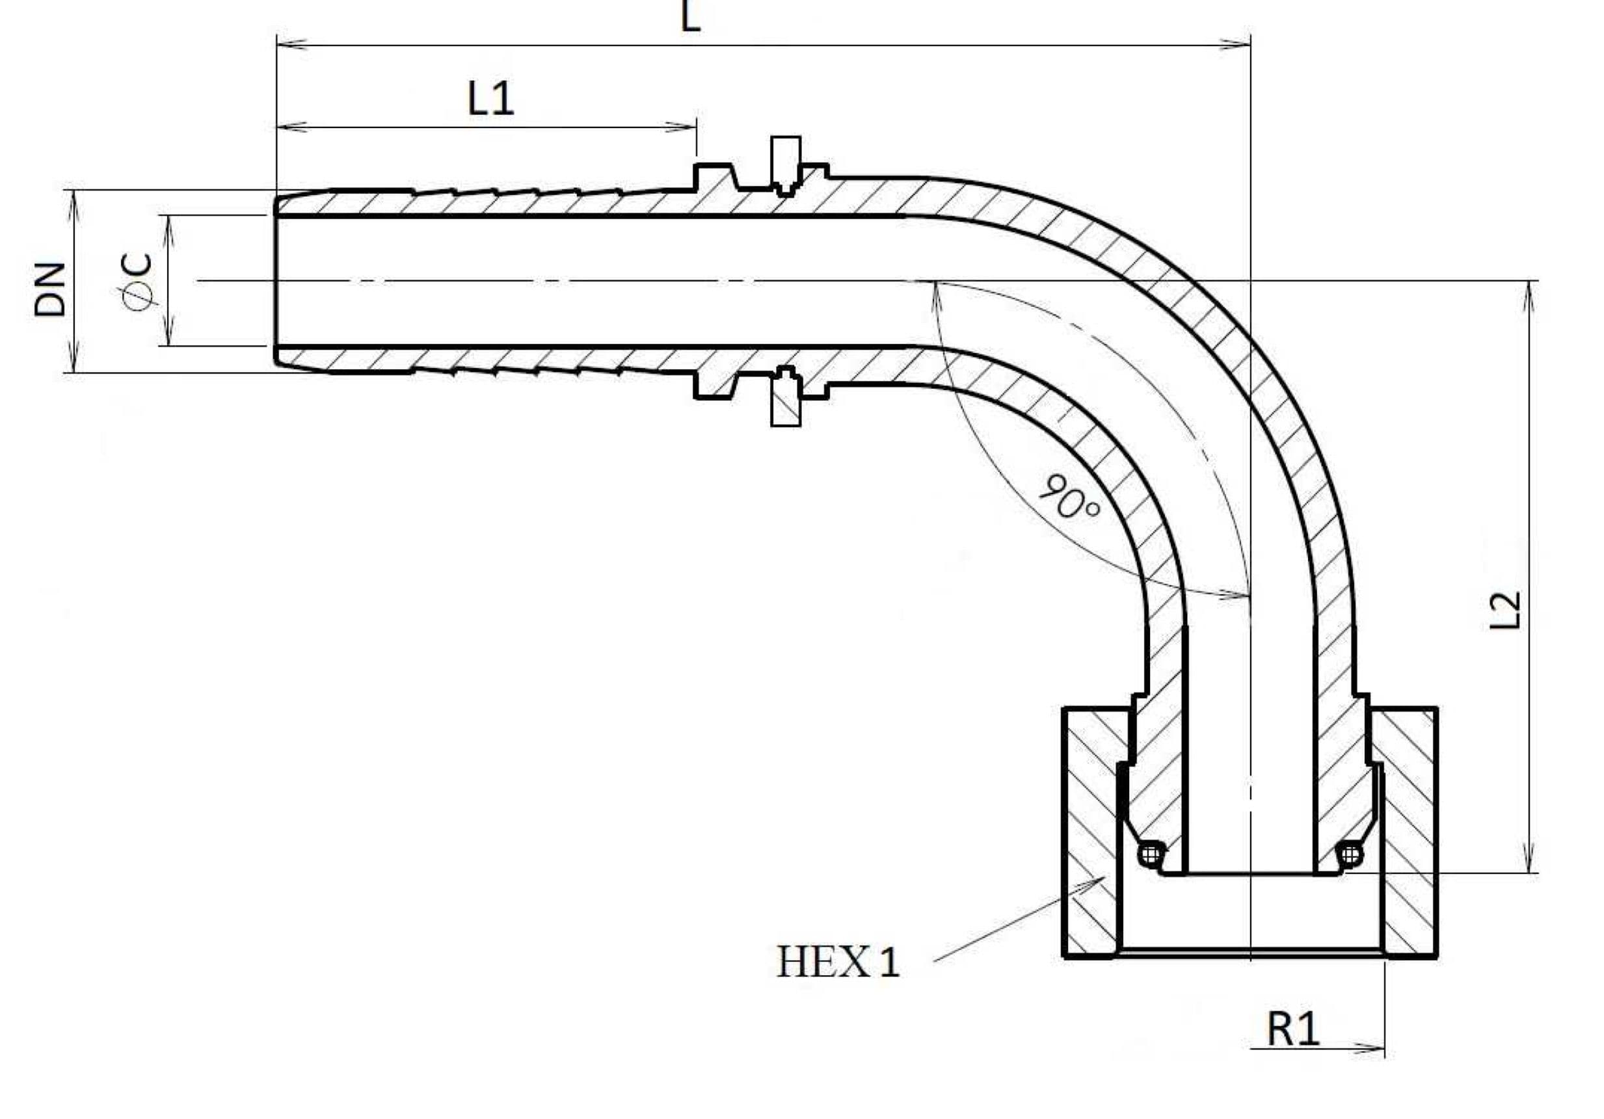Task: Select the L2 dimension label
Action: pyautogui.click(x=1504, y=610)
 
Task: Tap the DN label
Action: pyautogui.click(x=50, y=290)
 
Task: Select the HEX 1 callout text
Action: pyautogui.click(x=838, y=962)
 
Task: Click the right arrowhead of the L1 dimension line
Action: pyautogui.click(x=681, y=127)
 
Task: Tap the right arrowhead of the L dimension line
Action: pyautogui.click(x=1235, y=46)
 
